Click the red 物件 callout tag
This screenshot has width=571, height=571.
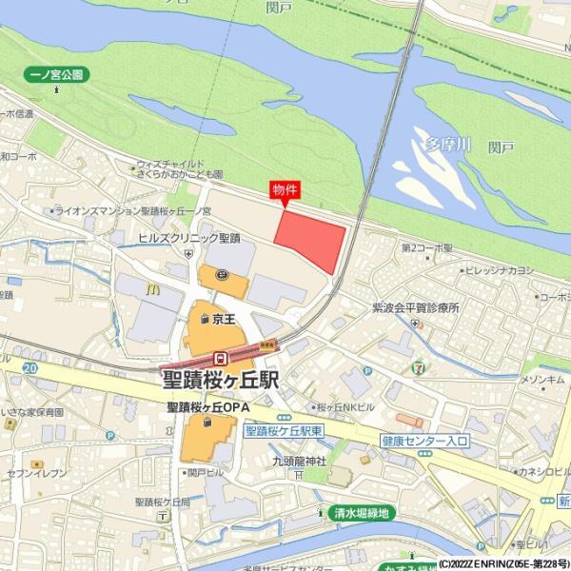285,189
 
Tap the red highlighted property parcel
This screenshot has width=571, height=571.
311,237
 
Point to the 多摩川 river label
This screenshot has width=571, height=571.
447,145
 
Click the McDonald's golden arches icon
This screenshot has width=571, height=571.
151,286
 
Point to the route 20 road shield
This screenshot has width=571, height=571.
31,366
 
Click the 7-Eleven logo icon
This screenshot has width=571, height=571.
420,365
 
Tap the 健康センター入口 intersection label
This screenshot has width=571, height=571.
424,441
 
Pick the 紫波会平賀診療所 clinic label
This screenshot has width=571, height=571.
415,308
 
